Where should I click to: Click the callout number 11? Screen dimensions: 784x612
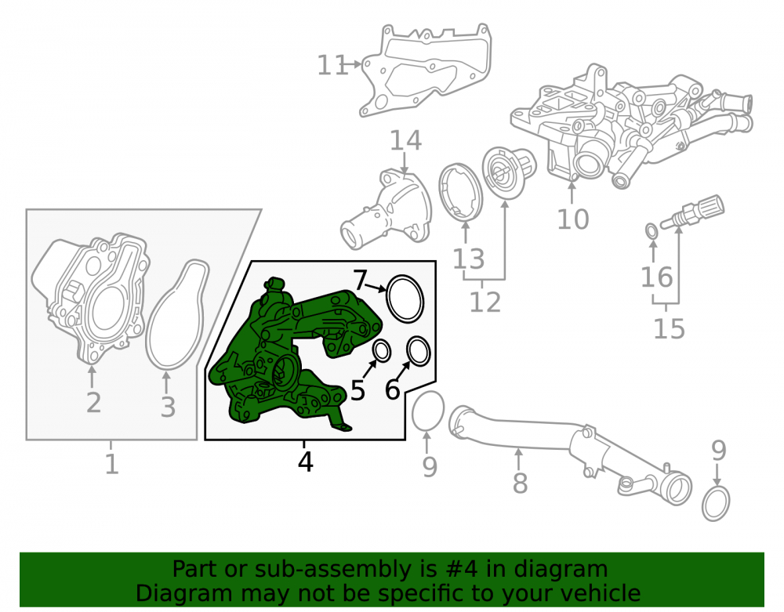pos(332,65)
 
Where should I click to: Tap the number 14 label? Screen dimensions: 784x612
pos(405,140)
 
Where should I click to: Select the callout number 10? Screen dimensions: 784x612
pos(573,219)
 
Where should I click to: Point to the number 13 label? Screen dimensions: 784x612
pos(469,259)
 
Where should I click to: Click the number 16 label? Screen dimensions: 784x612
pos(657,277)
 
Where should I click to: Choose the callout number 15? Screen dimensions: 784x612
pos(669,328)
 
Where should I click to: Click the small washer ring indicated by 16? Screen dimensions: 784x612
pos(652,231)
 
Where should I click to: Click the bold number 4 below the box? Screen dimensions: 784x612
pos(305,462)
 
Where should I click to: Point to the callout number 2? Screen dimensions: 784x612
pos(93,403)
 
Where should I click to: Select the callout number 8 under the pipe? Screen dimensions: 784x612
pos(520,483)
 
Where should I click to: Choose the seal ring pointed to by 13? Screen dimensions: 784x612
pos(460,192)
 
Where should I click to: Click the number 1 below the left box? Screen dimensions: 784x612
pos(111,464)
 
